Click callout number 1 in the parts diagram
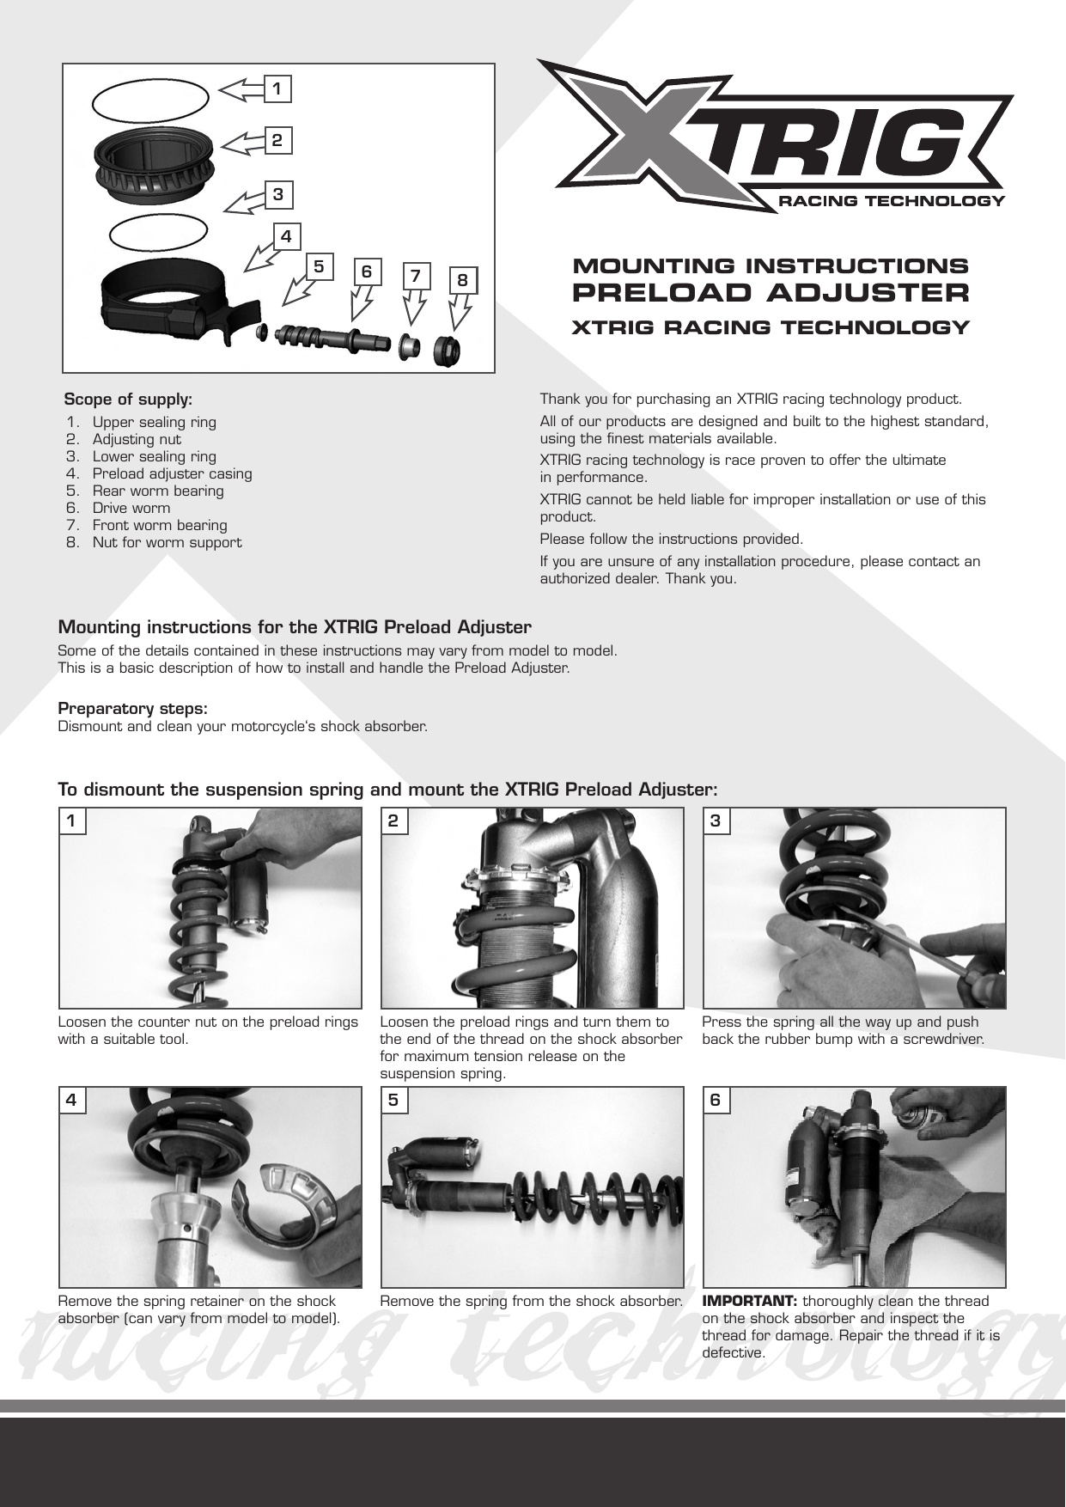[x=277, y=88]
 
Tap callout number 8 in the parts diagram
[x=463, y=280]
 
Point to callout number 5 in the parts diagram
[x=319, y=267]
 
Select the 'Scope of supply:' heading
[x=129, y=400]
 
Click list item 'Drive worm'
[x=131, y=508]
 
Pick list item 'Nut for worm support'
[x=167, y=542]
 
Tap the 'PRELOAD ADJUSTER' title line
[x=771, y=293]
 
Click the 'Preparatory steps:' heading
[x=132, y=709]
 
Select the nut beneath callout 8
[x=447, y=351]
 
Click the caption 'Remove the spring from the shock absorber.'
[x=531, y=1301]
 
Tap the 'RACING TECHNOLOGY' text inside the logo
[x=890, y=202]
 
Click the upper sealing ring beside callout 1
[x=150, y=101]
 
